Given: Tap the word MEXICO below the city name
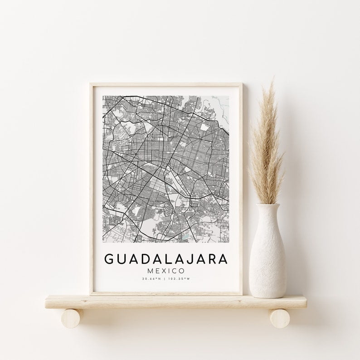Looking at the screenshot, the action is [166, 270].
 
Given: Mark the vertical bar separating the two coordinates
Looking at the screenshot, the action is [166, 279].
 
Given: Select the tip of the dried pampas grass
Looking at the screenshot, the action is [272, 82].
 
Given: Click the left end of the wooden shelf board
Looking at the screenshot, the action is [47, 302].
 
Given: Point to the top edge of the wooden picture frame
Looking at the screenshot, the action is [166, 84].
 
